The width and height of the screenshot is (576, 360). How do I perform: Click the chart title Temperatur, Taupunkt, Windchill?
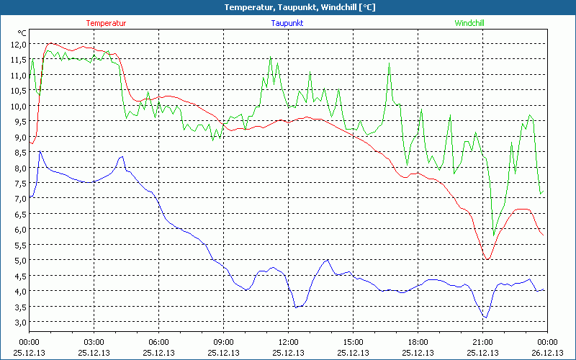tap(289, 7)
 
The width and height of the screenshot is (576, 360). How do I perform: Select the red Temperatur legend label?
tap(106, 23)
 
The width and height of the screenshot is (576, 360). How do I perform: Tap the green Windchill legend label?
tap(469, 23)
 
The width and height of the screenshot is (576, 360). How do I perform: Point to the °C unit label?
tap(22, 33)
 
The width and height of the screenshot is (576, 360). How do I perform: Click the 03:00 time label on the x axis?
tap(94, 342)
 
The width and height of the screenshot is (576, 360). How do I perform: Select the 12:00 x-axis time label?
tap(289, 342)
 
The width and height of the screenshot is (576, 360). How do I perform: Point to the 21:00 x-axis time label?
tap(482, 342)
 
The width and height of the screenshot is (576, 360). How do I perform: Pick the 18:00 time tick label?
tap(418, 342)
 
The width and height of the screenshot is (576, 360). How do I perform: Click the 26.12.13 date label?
tap(547, 352)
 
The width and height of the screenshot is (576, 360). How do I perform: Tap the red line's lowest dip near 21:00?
tap(487, 259)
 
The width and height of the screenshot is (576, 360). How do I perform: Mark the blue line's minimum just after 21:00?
tap(486, 318)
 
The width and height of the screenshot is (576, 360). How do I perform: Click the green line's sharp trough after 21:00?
tap(493, 235)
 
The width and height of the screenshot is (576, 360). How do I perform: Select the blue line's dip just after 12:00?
tap(295, 307)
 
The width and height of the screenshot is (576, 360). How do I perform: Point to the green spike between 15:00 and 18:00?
tap(389, 63)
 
